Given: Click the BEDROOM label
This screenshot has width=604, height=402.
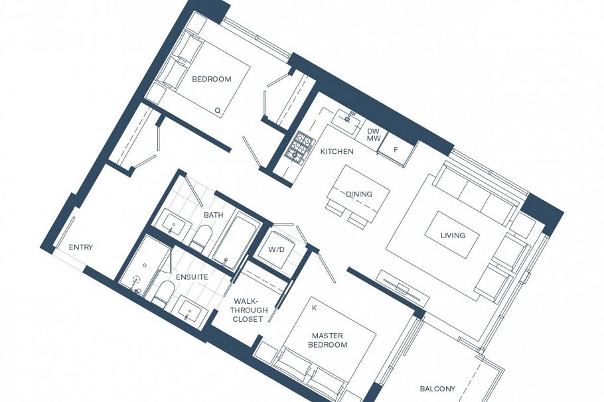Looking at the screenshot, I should (211, 79).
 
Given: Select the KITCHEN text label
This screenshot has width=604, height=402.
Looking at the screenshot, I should (337, 151).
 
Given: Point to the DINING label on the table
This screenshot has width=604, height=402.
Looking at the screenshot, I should (358, 194).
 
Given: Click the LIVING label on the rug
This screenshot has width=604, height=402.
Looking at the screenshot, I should (453, 235).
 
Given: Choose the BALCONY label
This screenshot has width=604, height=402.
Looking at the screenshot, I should (437, 389).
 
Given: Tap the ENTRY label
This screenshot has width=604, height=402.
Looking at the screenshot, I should (81, 247).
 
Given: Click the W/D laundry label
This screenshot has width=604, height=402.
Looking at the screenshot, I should (277, 250).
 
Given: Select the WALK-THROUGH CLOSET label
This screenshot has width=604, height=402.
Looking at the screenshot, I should (250, 310).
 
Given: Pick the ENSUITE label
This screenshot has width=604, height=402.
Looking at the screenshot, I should (192, 277).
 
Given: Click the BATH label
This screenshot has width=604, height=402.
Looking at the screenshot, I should (213, 215).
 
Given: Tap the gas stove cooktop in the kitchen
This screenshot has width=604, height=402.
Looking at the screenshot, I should (300, 147).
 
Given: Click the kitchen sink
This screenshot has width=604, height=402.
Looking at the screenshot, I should (346, 120).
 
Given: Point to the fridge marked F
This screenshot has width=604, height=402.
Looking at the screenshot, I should (396, 151).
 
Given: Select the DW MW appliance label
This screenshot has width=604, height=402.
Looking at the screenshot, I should (374, 135).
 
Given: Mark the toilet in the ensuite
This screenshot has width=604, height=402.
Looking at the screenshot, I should (163, 293).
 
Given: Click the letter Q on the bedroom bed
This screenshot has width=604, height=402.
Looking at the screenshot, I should (217, 110).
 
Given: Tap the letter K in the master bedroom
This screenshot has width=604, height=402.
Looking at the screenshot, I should (314, 308).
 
